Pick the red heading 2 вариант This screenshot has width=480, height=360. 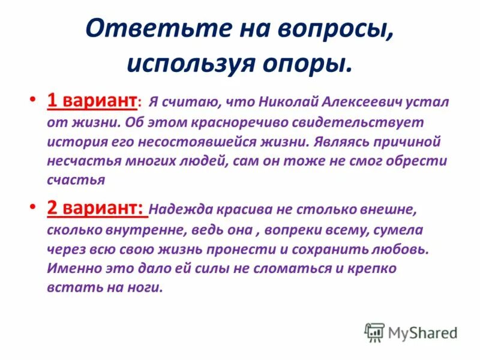click(x=95, y=209)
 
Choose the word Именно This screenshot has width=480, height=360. click(x=73, y=268)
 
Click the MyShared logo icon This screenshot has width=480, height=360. click(x=374, y=331)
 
